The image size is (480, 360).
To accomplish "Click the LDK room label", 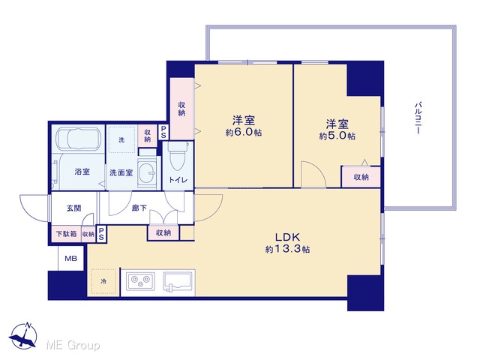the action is [287, 237].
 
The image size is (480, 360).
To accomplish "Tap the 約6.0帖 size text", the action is [244, 132].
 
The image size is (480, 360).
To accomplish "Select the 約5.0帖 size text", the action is [337, 136].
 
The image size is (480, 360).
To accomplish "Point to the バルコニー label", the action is [418, 118].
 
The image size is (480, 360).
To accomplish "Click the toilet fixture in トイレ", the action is [177, 156].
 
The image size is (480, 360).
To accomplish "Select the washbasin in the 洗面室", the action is [147, 172].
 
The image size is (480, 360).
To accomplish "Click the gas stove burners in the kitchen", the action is [140, 281].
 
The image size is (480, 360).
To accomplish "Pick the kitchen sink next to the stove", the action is [178, 281].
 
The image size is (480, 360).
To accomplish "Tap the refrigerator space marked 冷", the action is [103, 281].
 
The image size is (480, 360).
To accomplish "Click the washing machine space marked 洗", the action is [121, 139].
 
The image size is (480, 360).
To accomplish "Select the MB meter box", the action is [70, 258].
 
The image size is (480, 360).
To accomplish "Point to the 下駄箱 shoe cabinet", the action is [66, 234].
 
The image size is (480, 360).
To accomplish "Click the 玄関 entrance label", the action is [73, 208].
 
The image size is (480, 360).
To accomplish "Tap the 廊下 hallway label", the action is [139, 208].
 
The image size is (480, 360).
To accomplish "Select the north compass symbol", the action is [23, 336].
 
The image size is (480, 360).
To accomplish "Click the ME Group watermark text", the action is [73, 345].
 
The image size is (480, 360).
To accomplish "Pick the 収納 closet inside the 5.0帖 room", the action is [361, 177].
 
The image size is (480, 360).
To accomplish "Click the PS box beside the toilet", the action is [163, 132].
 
